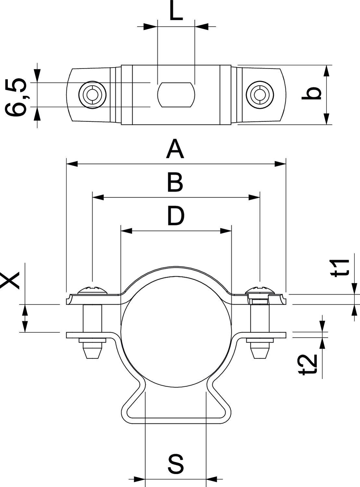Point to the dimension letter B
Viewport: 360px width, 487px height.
[x=175, y=182]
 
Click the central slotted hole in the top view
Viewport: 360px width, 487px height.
[x=176, y=94]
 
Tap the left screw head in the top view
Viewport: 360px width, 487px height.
[x=92, y=95]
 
